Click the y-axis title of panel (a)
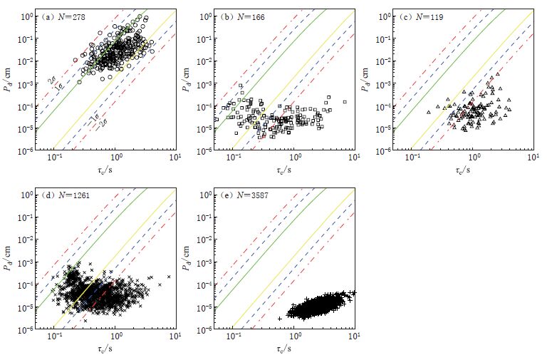pos(9,81)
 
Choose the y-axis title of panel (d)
pos(9,259)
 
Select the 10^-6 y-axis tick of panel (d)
pos(26,329)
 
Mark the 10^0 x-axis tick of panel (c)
pos(473,159)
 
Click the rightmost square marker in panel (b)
pos(345,102)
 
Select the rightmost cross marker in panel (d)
pos(170,277)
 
